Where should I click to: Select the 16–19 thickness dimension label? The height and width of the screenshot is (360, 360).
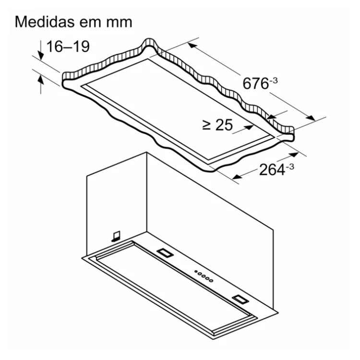tap(68, 47)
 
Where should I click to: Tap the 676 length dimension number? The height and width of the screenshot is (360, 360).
tap(255, 84)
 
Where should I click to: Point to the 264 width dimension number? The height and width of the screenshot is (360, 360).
tap(272, 170)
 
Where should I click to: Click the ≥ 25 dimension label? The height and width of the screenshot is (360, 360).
tap(217, 125)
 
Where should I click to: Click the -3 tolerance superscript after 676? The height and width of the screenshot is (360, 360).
tap(274, 81)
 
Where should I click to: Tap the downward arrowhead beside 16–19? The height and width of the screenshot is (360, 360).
tap(41, 56)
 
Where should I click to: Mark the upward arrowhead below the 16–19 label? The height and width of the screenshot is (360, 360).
tap(41, 79)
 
